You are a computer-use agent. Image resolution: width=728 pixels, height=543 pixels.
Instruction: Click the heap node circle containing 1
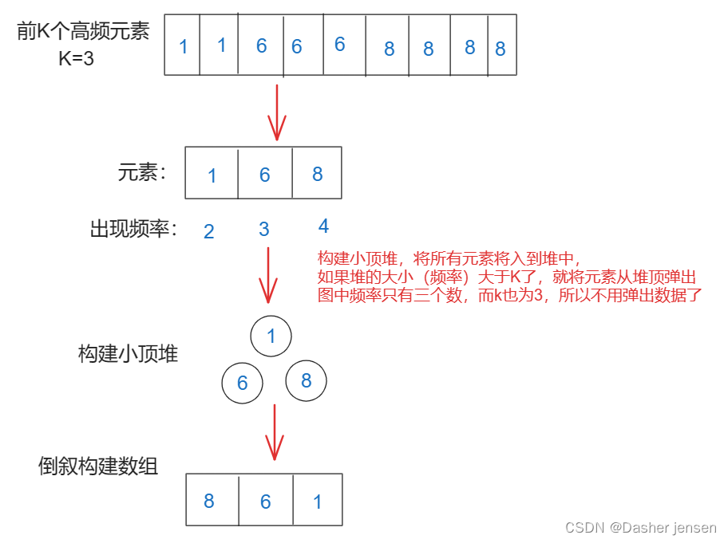[271, 336]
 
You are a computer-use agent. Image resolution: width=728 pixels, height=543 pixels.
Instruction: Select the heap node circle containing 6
[242, 384]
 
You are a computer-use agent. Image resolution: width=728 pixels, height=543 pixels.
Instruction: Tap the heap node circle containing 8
[306, 380]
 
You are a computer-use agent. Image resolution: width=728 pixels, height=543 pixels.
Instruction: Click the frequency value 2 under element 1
[209, 231]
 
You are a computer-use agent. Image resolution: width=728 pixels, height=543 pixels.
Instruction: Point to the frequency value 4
[323, 226]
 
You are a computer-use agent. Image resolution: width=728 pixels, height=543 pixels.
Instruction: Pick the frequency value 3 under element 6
[264, 230]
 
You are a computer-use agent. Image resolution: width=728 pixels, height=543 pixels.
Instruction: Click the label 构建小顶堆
[128, 353]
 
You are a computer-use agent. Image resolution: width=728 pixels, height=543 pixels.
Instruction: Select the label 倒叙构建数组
[98, 466]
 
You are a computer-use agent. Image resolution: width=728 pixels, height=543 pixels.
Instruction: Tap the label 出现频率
[133, 230]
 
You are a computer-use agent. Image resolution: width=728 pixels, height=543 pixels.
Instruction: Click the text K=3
[77, 57]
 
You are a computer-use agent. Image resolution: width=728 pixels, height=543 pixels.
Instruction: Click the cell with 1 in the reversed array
[318, 500]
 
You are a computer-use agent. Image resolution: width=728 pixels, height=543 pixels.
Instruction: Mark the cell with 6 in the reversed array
[266, 500]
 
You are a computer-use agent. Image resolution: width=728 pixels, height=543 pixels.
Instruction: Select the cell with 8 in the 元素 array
[318, 173]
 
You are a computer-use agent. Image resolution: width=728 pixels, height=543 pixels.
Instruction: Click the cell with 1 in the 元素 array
[212, 173]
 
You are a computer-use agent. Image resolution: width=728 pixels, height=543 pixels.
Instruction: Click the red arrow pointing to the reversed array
[275, 432]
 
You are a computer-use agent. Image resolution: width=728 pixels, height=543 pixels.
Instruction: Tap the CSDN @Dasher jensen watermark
[640, 528]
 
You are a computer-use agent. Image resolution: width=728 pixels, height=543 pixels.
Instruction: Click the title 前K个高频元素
[83, 33]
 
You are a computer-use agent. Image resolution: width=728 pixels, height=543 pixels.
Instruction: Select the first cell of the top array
[182, 45]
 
